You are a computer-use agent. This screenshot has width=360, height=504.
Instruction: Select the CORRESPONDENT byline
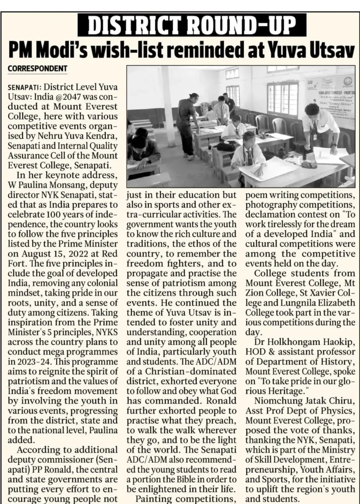pos(37,68)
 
